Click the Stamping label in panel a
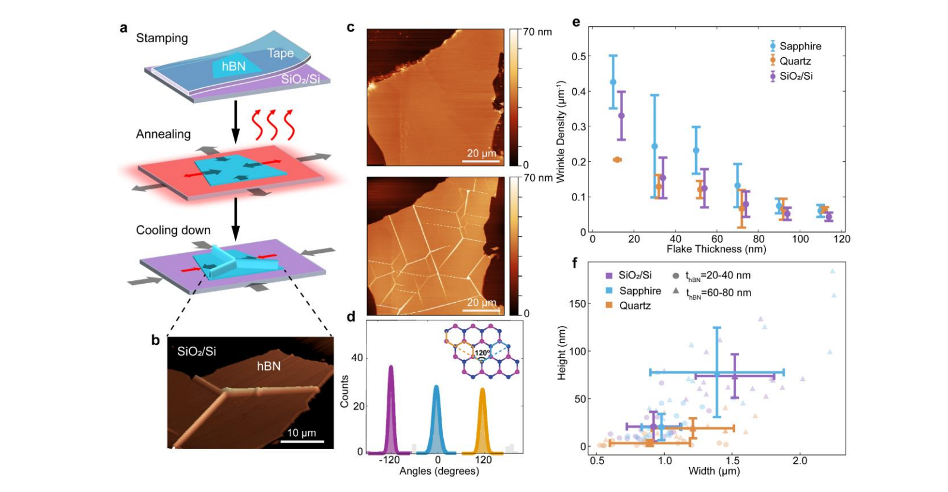pos(162,38)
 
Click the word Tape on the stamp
pos(280,54)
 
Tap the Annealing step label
pos(163,134)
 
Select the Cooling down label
pos(173,230)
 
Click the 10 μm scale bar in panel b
pos(302,441)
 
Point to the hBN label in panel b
pos(268,366)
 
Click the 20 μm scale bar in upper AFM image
pos(481,160)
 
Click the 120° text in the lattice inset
pos(482,353)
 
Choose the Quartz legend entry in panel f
pos(634,306)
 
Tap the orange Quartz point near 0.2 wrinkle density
pos(617,159)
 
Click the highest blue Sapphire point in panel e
pos(613,82)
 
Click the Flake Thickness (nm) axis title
pos(716,249)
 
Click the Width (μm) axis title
pos(714,471)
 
